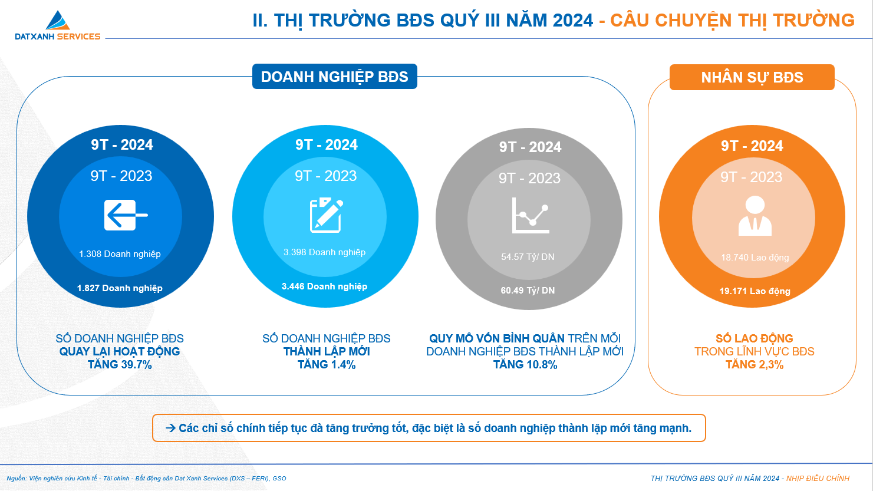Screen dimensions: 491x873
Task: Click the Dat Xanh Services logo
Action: (57, 25)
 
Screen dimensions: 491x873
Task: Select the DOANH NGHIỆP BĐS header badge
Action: (334, 77)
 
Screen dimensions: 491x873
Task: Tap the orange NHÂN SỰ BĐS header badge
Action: (752, 77)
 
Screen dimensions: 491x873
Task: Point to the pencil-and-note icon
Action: (326, 215)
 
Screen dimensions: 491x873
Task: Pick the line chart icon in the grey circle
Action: (530, 216)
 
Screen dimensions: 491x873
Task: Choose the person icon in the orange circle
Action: (755, 216)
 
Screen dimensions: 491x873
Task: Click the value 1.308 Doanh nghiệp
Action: (120, 254)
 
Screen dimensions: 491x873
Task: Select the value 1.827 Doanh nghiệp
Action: (120, 288)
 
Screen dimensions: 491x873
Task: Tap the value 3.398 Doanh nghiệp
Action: (324, 252)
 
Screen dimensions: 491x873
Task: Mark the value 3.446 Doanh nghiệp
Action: (324, 286)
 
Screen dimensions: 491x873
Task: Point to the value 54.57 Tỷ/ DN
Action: (528, 257)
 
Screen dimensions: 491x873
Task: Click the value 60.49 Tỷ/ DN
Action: (528, 291)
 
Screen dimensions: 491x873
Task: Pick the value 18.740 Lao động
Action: (755, 258)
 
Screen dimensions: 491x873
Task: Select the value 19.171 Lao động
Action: (755, 291)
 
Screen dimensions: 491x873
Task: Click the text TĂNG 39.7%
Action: (120, 365)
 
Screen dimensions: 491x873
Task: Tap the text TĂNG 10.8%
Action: (525, 365)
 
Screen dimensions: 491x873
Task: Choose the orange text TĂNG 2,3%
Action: (755, 365)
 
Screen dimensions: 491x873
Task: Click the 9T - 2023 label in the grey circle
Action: (529, 178)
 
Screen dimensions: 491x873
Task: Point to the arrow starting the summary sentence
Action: (170, 428)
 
